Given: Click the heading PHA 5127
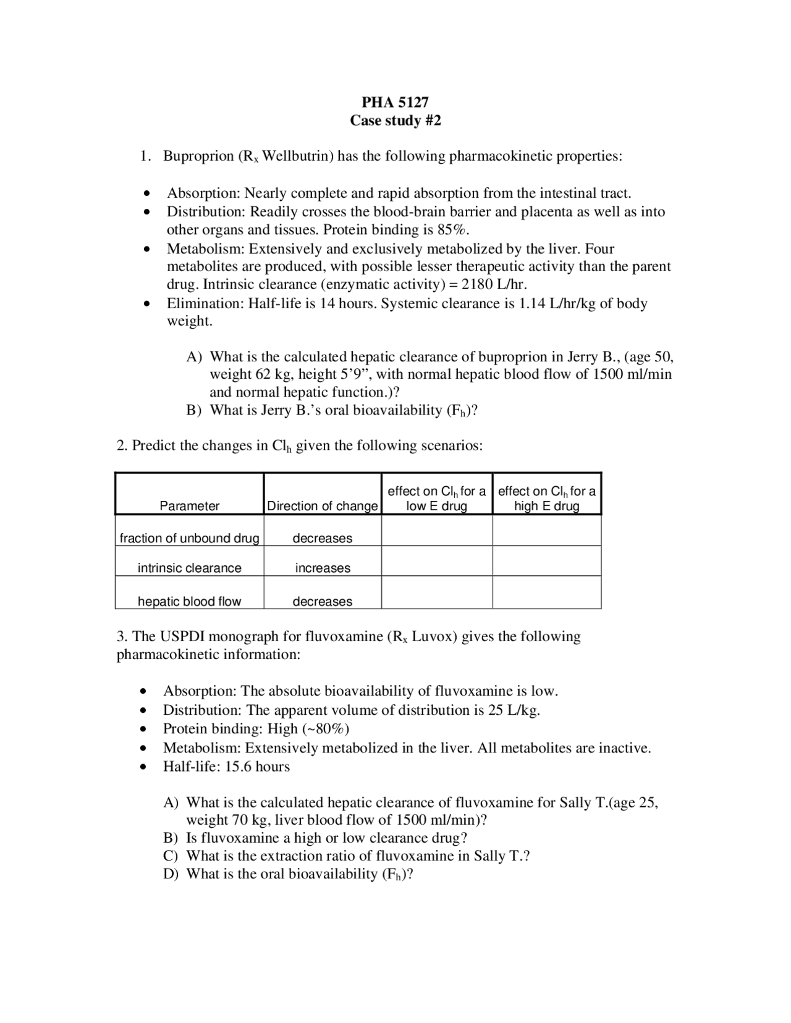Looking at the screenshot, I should [395, 102].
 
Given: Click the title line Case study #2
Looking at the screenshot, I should [395, 120].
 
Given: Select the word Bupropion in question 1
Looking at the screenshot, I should [198, 156].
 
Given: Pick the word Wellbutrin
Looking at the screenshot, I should [298, 156].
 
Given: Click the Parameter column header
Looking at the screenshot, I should [189, 506].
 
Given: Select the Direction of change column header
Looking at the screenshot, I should [322, 506].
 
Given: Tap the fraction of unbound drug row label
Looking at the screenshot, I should [189, 538].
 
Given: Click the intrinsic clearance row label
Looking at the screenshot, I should [189, 568].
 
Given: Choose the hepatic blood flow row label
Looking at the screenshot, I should [189, 601].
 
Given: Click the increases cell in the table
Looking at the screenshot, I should [322, 568].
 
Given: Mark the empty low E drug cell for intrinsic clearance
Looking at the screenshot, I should [436, 561].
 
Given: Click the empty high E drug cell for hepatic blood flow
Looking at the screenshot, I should [546, 592].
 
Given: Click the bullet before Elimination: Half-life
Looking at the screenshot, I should [146, 304].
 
